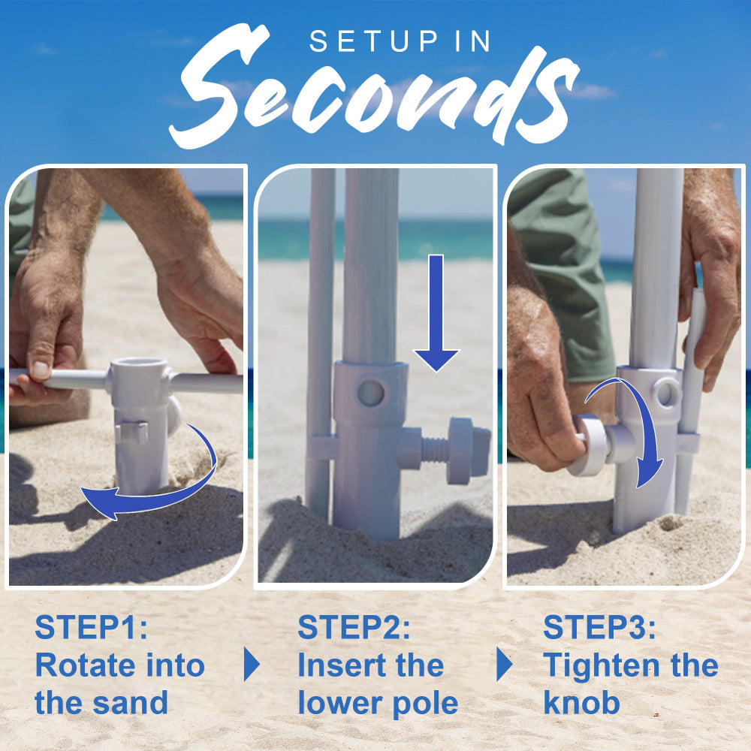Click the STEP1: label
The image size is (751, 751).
(x=92, y=628)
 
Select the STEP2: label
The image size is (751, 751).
(x=354, y=628)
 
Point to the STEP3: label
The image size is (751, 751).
(x=599, y=628)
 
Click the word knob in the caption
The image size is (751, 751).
(x=581, y=704)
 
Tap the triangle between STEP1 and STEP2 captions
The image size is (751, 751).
(x=252, y=665)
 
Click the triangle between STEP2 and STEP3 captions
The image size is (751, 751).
(x=504, y=665)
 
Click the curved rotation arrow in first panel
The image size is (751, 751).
(x=150, y=496)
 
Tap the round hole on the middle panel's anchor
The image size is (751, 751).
(x=370, y=393)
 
